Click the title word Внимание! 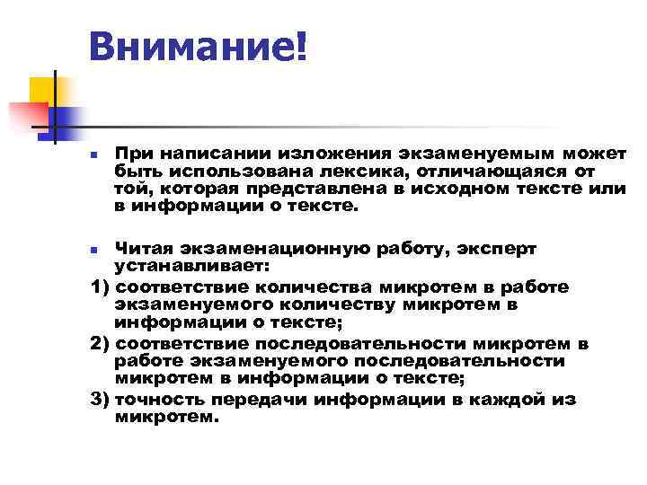(198, 44)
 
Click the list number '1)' (102, 287)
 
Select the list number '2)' (102, 344)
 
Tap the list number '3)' (102, 400)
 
